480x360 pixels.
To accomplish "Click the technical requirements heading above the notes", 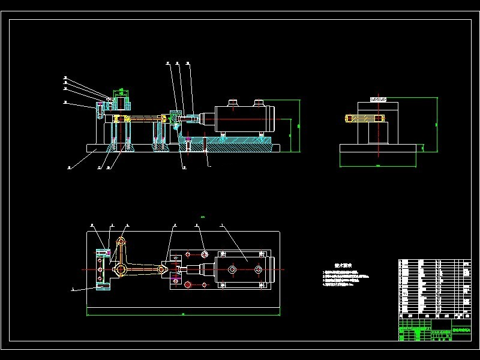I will click(343, 265).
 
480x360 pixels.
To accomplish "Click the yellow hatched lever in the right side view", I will click(364, 118).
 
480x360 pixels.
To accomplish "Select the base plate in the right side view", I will click(377, 155).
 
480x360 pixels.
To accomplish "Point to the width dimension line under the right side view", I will click(377, 165).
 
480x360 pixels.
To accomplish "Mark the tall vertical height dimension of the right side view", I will click(436, 124).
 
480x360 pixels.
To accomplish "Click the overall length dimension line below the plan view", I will click(183, 313).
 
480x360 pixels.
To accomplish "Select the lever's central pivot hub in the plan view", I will click(121, 271).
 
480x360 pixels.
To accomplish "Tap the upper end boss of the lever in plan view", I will click(121, 241).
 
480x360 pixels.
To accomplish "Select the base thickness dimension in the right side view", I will click(424, 149).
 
